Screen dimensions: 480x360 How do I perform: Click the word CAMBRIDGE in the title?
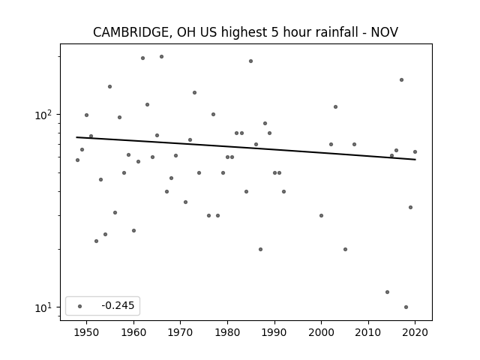click(x=130, y=32)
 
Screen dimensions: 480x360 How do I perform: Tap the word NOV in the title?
click(x=385, y=32)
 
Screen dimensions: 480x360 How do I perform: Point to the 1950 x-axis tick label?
click(x=86, y=332)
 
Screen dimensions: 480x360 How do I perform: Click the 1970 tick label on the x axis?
click(x=180, y=332)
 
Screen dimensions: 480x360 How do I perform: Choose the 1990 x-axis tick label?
click(x=274, y=332)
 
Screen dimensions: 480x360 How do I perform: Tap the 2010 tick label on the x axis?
click(x=368, y=332)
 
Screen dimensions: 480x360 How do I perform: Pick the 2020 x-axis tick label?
click(x=415, y=332)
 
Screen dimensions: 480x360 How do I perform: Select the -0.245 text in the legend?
click(x=118, y=305)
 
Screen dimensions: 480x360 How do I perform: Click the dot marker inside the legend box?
click(x=79, y=306)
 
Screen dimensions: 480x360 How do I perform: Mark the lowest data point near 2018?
click(x=406, y=307)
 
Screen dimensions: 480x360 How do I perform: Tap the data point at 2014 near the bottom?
click(x=387, y=292)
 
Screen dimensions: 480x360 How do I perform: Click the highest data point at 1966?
click(x=162, y=57)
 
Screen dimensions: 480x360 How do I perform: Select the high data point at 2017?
click(x=401, y=80)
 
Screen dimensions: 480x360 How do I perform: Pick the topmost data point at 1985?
click(x=250, y=61)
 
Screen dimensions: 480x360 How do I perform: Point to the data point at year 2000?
click(x=321, y=215)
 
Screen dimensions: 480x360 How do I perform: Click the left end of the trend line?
click(x=76, y=137)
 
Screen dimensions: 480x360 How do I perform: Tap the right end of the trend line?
click(x=415, y=160)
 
